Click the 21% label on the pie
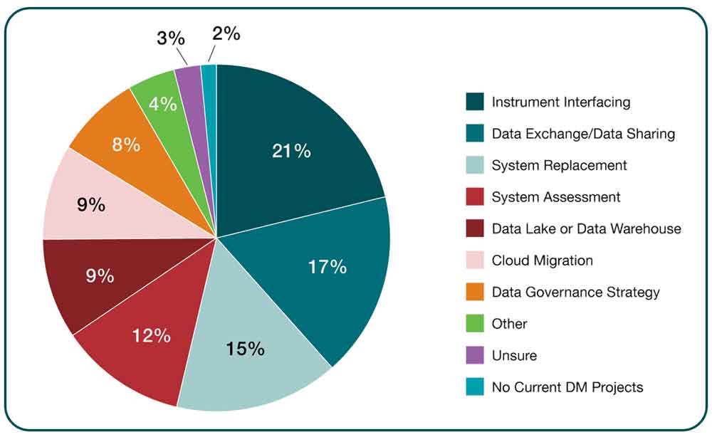point(291,151)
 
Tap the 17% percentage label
point(327,267)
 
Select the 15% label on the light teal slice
point(245,349)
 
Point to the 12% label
point(151,335)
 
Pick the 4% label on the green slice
point(163,104)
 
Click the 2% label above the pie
point(226,33)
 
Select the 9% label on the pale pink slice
point(91,205)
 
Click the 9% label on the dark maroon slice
point(100,275)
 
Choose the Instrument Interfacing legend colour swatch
point(475,102)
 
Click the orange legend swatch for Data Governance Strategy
point(475,292)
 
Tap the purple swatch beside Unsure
point(475,355)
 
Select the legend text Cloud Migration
point(542,260)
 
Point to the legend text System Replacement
point(559,165)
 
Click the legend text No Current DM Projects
point(567,387)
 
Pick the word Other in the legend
point(509,324)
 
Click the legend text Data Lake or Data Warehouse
point(586,228)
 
